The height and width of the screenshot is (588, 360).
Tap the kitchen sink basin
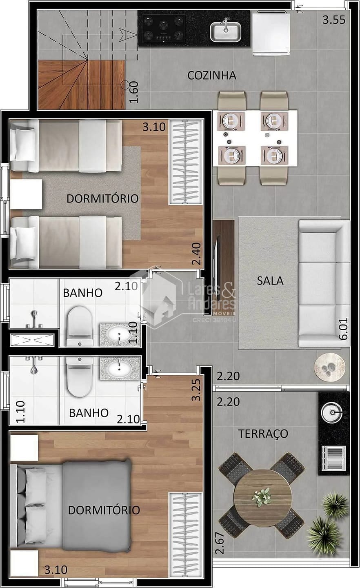tap(225, 31)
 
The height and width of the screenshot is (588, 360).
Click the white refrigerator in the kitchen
tap(271, 34)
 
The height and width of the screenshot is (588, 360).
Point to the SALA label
tap(270, 281)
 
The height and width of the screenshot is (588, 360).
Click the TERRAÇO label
tap(263, 433)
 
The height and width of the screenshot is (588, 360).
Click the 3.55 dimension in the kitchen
tap(333, 20)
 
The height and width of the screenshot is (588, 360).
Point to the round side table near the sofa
tap(329, 367)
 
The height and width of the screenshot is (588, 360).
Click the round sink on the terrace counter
tap(333, 412)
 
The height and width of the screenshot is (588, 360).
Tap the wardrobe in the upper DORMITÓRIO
tap(186, 162)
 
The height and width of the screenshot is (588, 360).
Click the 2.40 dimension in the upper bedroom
tap(197, 254)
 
